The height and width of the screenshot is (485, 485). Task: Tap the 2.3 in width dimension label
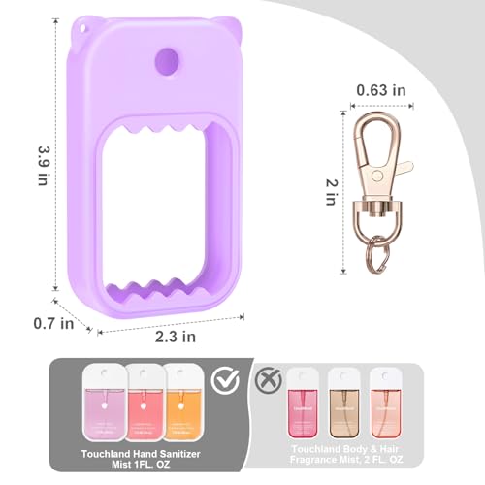177,338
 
